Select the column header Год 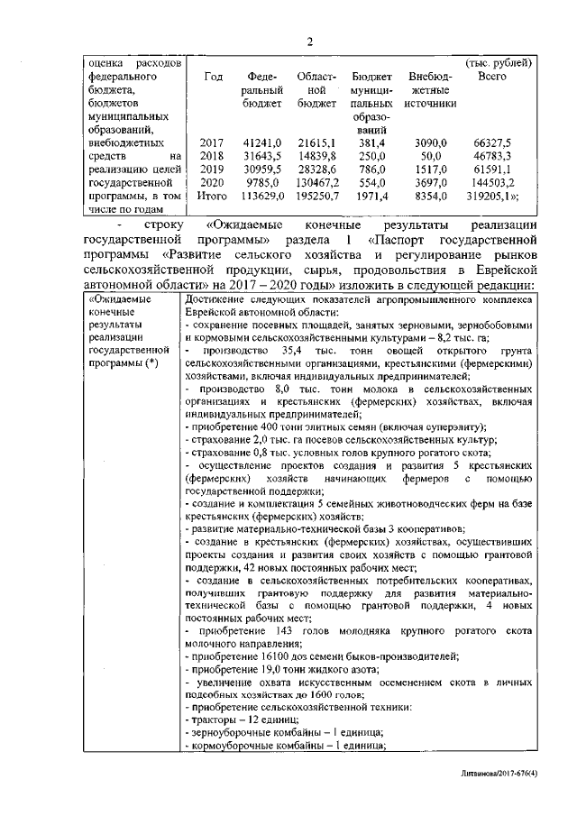214,78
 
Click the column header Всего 492,78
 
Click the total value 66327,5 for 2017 492,143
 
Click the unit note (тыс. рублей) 497,64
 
